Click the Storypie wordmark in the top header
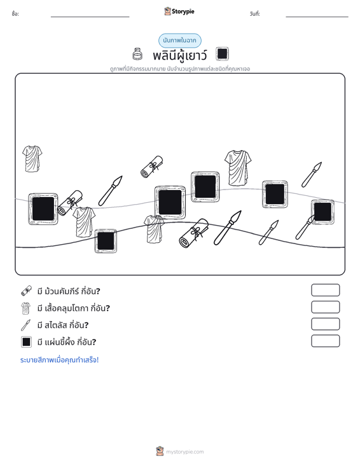(183, 11)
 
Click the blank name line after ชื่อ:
(90, 17)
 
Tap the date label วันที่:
(255, 14)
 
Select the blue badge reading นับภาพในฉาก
(179, 41)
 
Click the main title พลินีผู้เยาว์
(179, 55)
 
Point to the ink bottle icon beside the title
(137, 54)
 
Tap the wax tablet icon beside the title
(222, 54)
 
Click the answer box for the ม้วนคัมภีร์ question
(325, 290)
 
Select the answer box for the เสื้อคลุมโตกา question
(325, 307)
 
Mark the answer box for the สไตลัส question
(325, 324)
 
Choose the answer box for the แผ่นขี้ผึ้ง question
(325, 341)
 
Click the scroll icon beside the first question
(26, 291)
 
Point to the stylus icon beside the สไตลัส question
(25, 325)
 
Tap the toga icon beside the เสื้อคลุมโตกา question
(26, 308)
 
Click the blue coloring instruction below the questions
(59, 360)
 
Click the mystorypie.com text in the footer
(184, 452)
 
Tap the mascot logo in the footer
(160, 451)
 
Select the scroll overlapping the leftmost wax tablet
(70, 203)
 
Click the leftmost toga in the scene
(32, 159)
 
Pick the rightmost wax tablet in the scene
(322, 212)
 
